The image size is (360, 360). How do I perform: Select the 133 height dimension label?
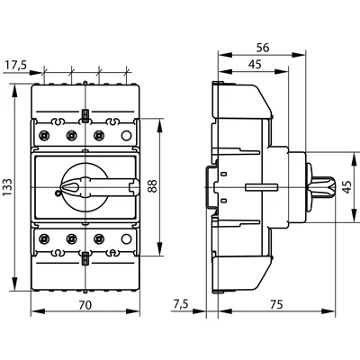point(9,186)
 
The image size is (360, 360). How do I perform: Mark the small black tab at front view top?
point(85,115)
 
